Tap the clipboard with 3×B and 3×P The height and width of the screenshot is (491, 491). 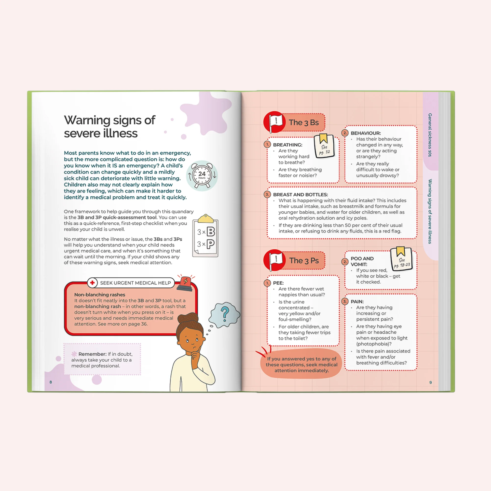point(205,236)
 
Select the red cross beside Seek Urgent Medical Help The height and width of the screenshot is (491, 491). point(93,283)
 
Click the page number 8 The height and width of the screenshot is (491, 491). point(51,382)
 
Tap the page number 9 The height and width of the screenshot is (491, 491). point(430,382)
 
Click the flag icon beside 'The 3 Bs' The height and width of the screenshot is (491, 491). point(274,122)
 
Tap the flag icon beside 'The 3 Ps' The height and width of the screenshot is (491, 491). point(274,260)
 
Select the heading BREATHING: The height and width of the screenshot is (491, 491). point(288,145)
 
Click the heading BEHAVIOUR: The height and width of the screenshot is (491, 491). point(366,133)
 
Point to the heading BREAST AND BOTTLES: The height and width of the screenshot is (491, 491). point(300,195)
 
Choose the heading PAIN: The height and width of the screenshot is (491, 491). point(357,302)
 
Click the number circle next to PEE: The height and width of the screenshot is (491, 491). point(267,283)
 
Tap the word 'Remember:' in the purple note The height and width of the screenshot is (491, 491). point(92,354)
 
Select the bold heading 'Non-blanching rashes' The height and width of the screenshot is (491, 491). point(100,295)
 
